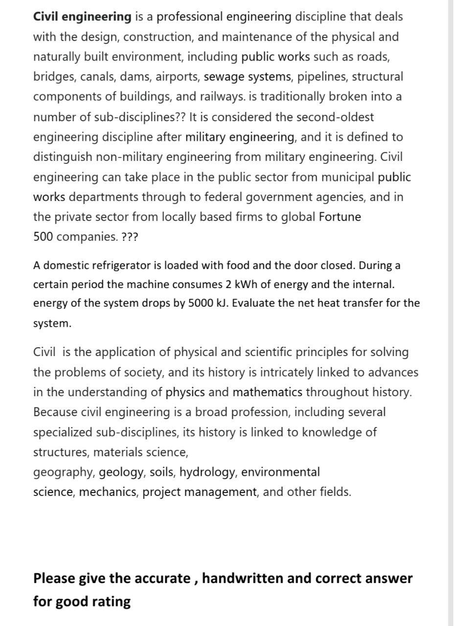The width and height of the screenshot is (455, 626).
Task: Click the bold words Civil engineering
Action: [x=82, y=17]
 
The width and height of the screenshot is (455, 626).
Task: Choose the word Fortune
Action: [x=340, y=217]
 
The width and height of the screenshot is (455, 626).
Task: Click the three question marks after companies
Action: [x=130, y=237]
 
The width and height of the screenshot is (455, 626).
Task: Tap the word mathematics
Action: [x=267, y=392]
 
